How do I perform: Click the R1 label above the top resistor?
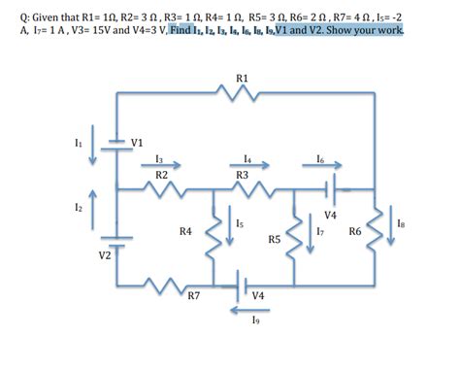pyautogui.click(x=242, y=77)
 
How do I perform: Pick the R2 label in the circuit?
pyautogui.click(x=162, y=174)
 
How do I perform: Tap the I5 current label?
pyautogui.click(x=238, y=224)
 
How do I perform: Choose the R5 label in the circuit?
pyautogui.click(x=275, y=238)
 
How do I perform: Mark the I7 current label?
pyautogui.click(x=320, y=232)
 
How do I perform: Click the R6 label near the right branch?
pyautogui.click(x=353, y=232)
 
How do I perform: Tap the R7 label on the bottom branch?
pyautogui.click(x=194, y=295)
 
